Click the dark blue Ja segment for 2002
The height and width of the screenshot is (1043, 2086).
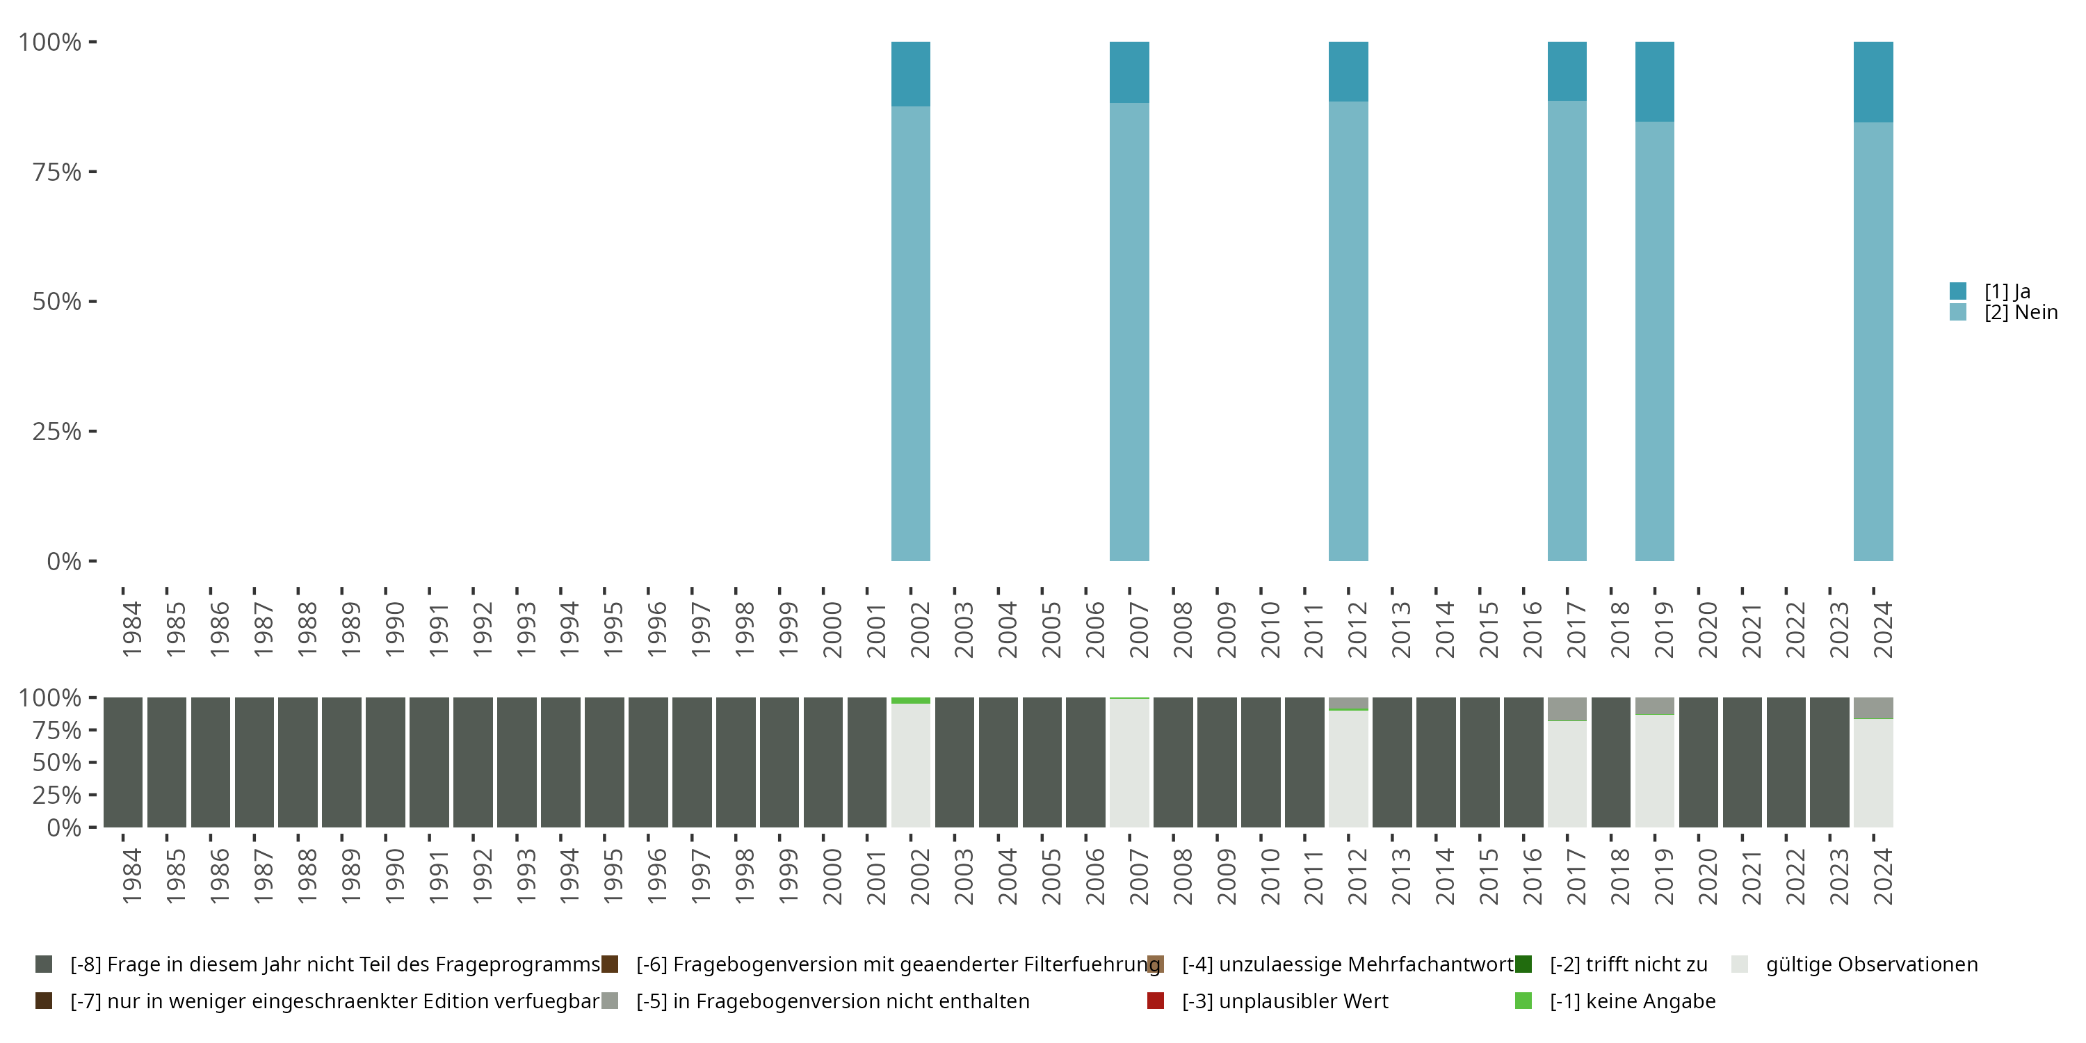point(910,74)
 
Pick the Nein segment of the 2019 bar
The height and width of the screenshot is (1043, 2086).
point(1654,341)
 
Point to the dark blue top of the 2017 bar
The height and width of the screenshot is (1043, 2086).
point(1567,71)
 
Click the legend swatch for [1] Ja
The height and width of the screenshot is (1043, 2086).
point(1958,291)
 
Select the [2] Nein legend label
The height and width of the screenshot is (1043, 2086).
point(2021,313)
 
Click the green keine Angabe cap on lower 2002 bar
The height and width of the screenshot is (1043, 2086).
point(910,700)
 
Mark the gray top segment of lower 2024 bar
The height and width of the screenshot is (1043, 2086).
point(1873,708)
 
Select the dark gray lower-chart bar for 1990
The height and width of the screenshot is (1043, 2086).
point(385,762)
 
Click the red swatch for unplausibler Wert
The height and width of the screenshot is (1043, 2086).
point(1156,1001)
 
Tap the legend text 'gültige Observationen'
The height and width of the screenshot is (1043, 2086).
point(1871,964)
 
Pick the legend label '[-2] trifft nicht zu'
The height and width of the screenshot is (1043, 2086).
point(1628,964)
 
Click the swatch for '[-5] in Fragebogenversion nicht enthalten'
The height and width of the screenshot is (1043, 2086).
point(610,1001)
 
